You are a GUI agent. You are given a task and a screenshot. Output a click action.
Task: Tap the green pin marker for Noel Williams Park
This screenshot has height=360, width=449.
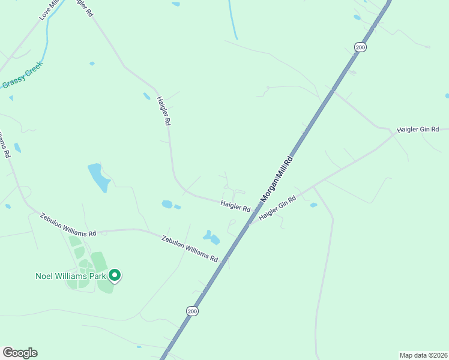115,275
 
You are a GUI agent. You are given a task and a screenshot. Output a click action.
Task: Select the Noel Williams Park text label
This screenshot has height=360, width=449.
69,276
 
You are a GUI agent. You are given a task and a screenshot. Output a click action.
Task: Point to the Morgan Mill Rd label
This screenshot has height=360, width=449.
277,179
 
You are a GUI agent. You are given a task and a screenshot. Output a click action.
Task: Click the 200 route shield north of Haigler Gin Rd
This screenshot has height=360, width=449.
360,47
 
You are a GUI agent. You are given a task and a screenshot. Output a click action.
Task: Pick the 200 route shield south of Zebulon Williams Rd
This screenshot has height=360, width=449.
191,311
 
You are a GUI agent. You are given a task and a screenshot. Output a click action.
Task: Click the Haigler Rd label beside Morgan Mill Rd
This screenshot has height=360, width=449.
235,206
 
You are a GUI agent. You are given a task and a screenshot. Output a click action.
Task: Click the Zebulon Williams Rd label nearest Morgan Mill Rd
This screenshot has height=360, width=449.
190,248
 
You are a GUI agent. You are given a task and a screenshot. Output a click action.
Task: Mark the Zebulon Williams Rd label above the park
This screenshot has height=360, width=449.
68,224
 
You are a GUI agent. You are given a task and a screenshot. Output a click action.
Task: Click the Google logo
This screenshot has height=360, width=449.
20,353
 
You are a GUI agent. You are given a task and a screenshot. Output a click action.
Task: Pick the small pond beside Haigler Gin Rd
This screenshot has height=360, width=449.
313,205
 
